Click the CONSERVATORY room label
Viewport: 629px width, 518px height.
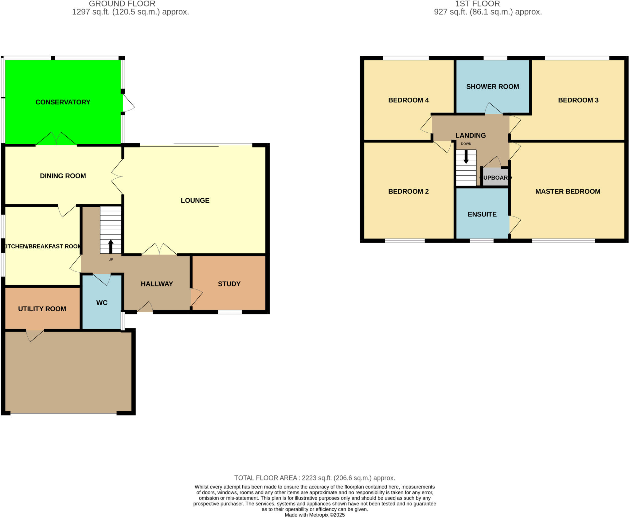coord(63,102)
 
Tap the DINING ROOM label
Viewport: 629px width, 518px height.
coord(63,176)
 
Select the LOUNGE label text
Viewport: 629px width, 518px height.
coord(195,201)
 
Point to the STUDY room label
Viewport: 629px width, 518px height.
coord(229,284)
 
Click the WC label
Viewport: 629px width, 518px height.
coord(102,303)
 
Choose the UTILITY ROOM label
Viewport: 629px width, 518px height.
coord(42,309)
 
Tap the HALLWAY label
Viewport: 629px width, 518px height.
coord(157,284)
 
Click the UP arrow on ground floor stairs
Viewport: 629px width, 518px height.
coord(111,246)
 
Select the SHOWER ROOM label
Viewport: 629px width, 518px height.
coord(493,87)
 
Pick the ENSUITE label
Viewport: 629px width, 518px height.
coord(482,214)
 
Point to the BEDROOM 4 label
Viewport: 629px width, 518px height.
coord(408,100)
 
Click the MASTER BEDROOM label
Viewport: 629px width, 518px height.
coord(568,192)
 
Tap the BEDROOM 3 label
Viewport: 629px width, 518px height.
coord(578,100)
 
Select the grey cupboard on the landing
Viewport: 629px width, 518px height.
coord(495,177)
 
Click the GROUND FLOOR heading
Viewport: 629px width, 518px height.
coord(122,4)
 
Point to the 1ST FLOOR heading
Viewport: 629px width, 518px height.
coord(477,4)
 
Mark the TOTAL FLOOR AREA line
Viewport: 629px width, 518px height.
coord(314,478)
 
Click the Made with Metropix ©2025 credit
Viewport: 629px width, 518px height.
coord(314,515)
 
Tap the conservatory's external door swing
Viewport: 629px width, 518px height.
coord(128,103)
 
